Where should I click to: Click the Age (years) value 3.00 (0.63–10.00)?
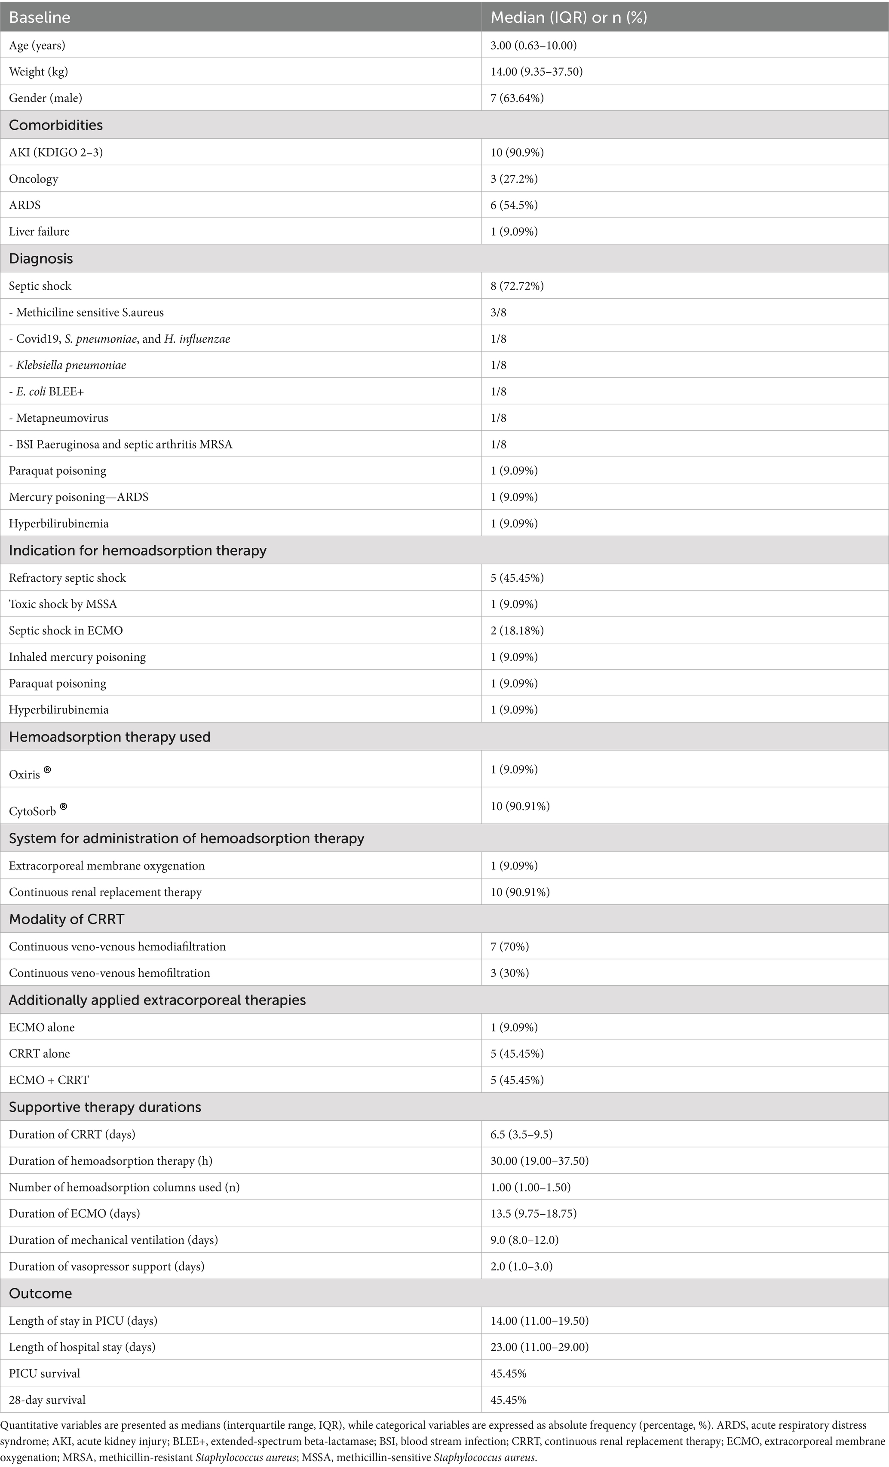point(533,45)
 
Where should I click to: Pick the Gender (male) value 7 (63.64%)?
point(517,98)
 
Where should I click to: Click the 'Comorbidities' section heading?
point(55,125)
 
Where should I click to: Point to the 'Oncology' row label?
point(34,178)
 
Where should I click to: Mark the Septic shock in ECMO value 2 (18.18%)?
point(517,630)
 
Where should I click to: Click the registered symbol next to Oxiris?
point(48,770)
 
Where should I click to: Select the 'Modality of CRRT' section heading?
point(67,919)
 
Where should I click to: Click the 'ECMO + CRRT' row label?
point(49,1080)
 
